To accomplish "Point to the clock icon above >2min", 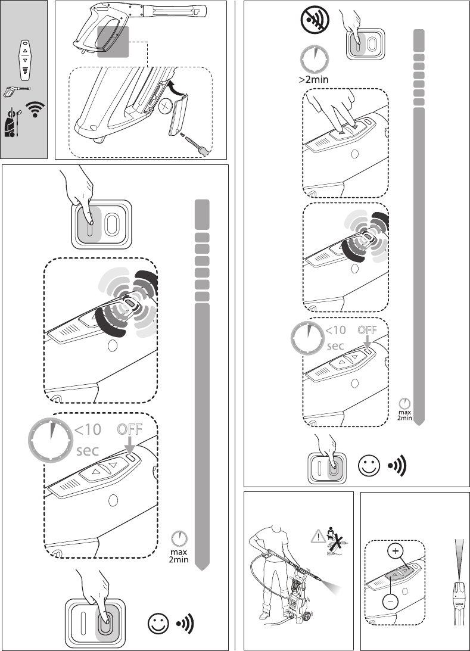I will (314, 58).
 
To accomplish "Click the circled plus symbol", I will (394, 551).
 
